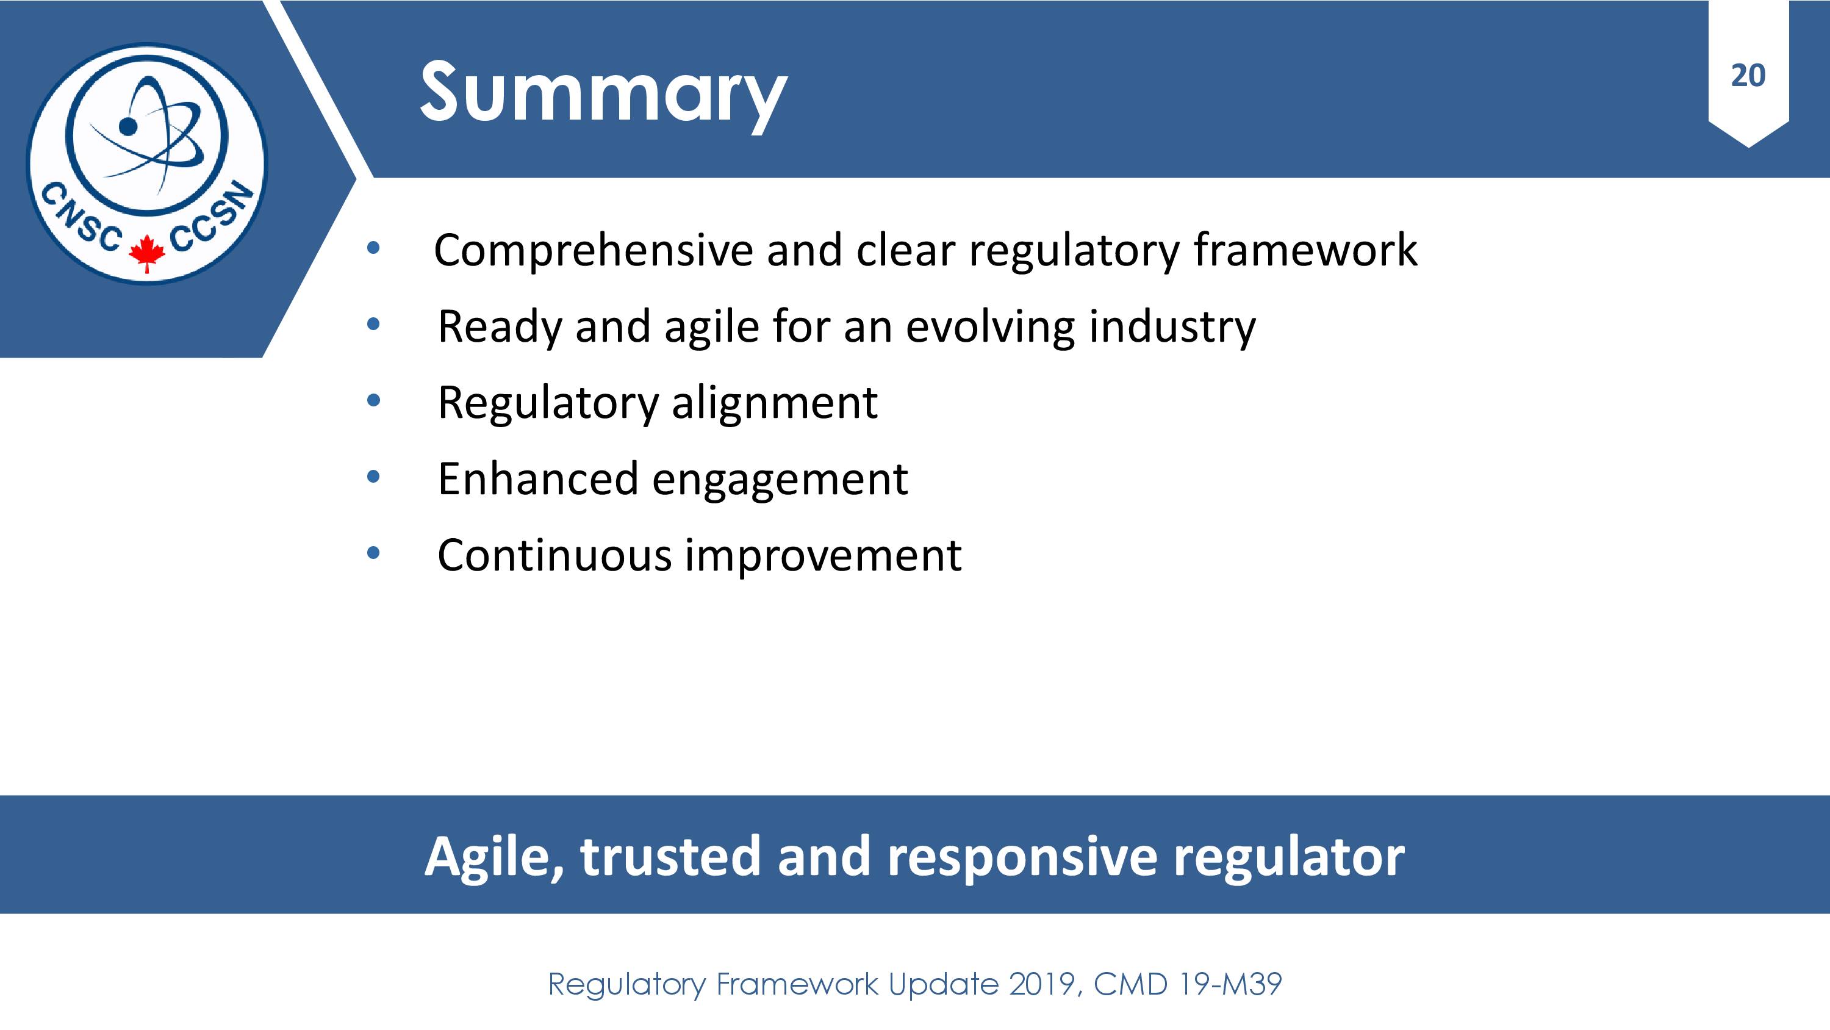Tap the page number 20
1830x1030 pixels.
click(1748, 75)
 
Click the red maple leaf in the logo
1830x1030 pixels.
click(148, 253)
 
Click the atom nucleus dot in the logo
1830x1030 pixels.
click(128, 126)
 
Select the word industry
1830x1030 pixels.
click(1172, 327)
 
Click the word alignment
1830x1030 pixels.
click(774, 403)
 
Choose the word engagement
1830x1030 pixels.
click(780, 480)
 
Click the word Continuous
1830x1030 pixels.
click(554, 555)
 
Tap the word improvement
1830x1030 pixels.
click(823, 556)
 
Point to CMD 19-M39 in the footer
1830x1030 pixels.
click(1188, 984)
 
